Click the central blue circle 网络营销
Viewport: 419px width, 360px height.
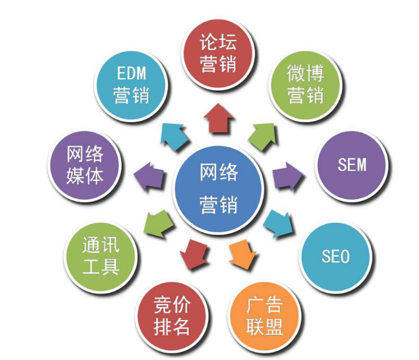[x=219, y=187]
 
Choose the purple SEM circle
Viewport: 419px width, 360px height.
[x=351, y=165]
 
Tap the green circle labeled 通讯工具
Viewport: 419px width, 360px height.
[x=101, y=256]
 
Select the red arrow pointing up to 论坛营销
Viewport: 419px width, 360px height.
[x=217, y=118]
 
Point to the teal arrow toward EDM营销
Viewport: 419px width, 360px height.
[x=173, y=135]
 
